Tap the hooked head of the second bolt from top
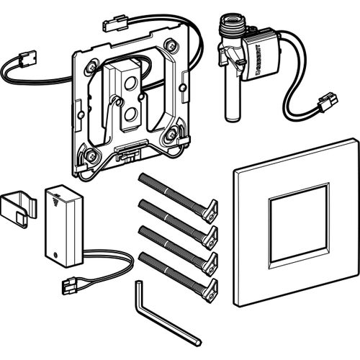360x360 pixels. pos(210,233)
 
